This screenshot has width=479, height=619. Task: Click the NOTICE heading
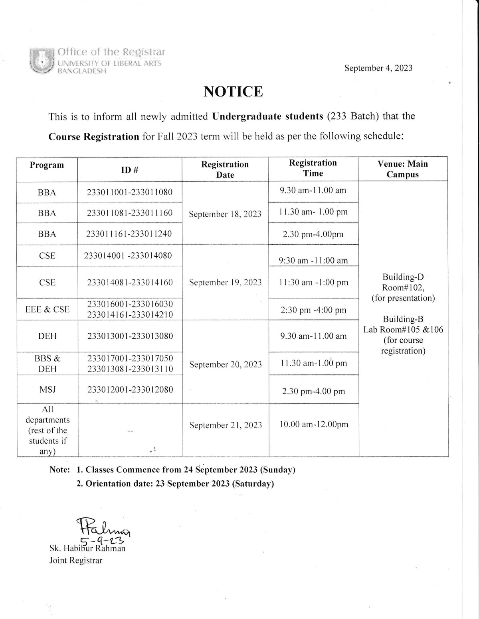(x=233, y=92)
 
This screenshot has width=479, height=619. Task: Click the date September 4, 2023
(x=378, y=68)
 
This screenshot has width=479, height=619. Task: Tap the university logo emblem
(x=41, y=61)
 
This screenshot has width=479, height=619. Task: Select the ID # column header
(x=130, y=170)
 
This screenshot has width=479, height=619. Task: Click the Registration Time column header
(x=313, y=168)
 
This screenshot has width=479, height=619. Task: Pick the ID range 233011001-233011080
(x=130, y=192)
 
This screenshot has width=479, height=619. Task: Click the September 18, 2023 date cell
(x=225, y=214)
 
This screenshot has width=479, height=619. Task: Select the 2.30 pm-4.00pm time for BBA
(x=313, y=234)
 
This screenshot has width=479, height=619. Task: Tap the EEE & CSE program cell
(x=47, y=309)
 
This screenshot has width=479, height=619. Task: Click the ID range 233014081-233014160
(x=130, y=283)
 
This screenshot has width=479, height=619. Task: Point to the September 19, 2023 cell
(x=225, y=283)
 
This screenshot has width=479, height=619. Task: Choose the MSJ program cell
(x=47, y=389)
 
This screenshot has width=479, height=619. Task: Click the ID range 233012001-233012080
(x=130, y=389)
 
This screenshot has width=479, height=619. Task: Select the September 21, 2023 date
(x=226, y=425)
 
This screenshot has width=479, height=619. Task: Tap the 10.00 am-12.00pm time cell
(x=314, y=424)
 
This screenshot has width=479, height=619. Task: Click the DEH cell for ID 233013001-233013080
(x=47, y=336)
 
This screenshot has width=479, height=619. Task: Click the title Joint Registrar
(x=75, y=560)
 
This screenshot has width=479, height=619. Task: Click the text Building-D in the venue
(x=403, y=277)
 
